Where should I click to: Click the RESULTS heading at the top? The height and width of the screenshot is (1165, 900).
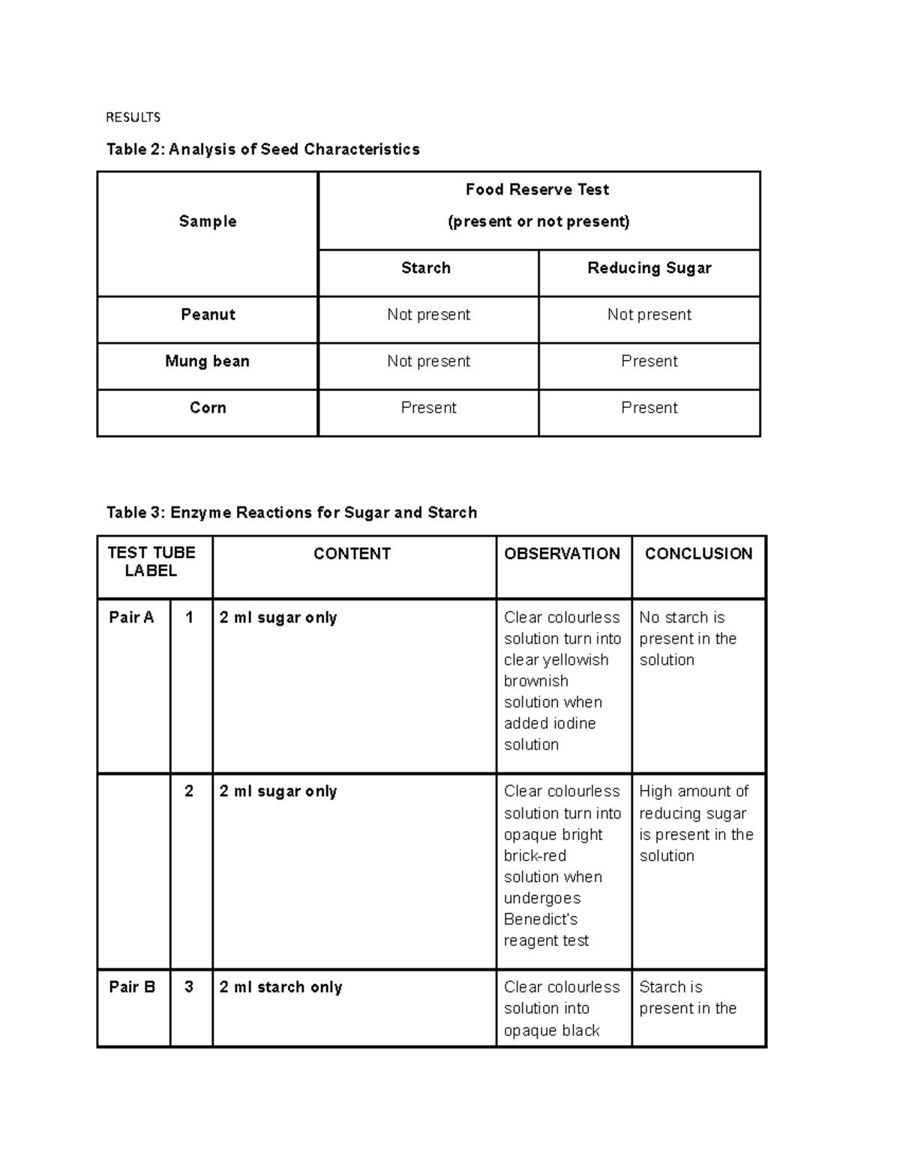pos(133,117)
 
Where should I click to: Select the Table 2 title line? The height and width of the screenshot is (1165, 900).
pos(262,149)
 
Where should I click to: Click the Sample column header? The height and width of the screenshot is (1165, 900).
pos(208,221)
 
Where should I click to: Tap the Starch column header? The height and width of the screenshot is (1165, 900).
pos(426,268)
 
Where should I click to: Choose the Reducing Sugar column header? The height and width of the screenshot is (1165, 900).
pos(649,268)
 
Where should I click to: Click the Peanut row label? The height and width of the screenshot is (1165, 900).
pos(208,314)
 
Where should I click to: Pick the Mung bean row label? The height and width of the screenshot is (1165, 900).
pos(207,361)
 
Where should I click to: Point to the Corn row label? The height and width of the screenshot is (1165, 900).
pos(208,407)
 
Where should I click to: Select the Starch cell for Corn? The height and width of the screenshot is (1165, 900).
pos(428,407)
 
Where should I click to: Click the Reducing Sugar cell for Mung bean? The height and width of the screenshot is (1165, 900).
pos(649,361)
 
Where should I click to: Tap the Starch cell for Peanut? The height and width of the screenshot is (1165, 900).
pos(428,314)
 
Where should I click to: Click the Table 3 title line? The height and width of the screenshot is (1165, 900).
pos(292,512)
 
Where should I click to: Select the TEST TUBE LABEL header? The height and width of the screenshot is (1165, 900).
pos(151,562)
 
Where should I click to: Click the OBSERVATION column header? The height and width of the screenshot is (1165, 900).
pos(562,554)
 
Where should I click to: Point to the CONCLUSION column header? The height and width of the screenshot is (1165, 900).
pos(698,554)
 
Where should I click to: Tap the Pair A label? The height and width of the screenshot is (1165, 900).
pos(131,617)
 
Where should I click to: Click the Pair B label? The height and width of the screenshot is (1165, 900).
pos(132,986)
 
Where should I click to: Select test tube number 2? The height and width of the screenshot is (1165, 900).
pos(189,791)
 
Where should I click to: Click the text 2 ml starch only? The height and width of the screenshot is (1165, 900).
pos(280,987)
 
